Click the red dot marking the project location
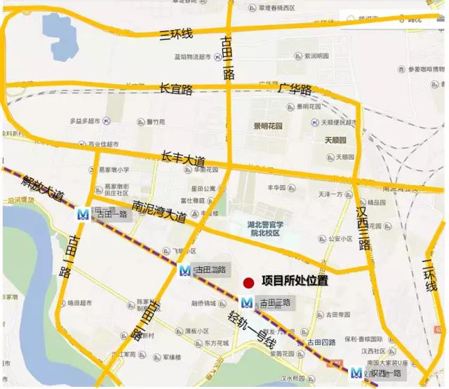[248, 282]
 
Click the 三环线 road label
[176, 33]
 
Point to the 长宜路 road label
[176, 89]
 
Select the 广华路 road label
[295, 90]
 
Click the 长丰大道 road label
[185, 156]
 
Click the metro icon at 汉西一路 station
[357, 374]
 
